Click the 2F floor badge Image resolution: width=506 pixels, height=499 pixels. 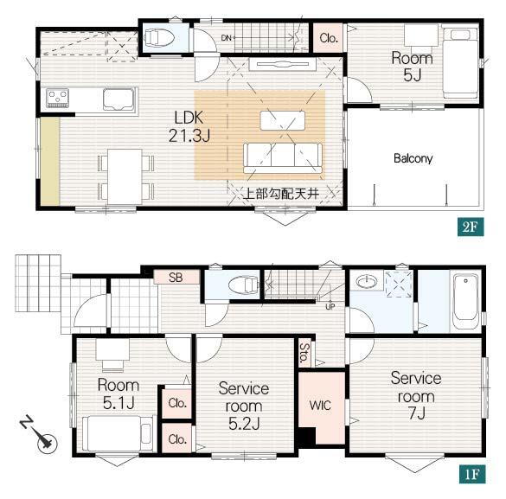[x=471, y=227]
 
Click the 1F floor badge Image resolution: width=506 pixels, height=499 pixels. [x=472, y=474]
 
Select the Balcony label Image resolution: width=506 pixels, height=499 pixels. [x=413, y=158]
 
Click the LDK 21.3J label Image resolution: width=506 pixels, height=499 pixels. [x=189, y=126]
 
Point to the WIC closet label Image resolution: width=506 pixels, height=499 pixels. [x=320, y=405]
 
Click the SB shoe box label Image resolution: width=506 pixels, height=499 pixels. [x=176, y=277]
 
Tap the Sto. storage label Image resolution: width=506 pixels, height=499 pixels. [x=304, y=353]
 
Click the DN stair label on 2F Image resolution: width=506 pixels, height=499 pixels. [x=227, y=38]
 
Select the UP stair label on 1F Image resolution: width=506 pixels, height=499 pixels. [x=330, y=307]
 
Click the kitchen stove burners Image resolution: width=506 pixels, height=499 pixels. [x=57, y=98]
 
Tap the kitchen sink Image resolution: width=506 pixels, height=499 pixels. [x=118, y=99]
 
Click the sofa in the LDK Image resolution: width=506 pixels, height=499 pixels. [x=282, y=158]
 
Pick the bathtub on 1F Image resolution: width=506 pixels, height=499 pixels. [x=465, y=301]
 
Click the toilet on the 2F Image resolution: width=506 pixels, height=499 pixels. [x=159, y=37]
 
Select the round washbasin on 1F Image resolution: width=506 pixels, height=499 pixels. [x=367, y=282]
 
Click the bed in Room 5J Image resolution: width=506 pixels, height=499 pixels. [x=460, y=62]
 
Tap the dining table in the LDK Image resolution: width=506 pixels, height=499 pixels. [x=125, y=176]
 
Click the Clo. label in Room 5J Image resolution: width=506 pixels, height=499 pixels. [x=329, y=38]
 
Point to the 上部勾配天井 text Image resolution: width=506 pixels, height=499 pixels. [x=281, y=194]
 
